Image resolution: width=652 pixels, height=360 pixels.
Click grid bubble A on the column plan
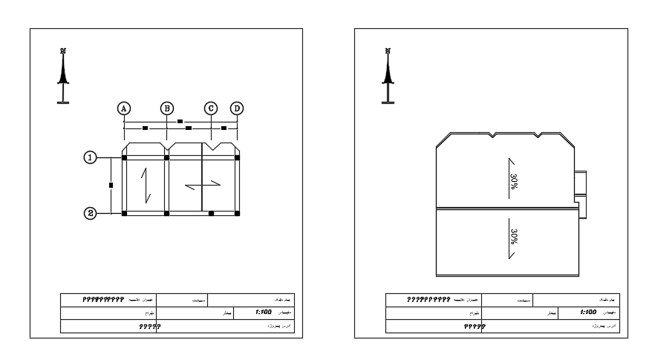[124, 108]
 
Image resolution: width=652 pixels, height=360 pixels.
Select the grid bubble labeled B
[167, 108]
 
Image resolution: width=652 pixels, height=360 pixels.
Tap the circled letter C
[211, 108]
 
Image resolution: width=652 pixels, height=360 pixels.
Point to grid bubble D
[237, 108]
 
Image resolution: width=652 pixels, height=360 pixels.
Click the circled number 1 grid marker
[90, 157]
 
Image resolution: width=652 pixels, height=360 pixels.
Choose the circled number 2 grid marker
[90, 213]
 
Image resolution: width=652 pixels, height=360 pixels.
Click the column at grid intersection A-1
[124, 157]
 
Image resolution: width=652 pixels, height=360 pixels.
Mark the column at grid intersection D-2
[237, 213]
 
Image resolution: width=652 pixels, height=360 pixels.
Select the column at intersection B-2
[167, 213]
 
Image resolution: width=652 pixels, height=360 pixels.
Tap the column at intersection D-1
[237, 157]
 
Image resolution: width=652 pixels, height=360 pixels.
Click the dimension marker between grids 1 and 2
[110, 185]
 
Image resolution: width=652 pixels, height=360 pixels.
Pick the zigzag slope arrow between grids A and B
[147, 185]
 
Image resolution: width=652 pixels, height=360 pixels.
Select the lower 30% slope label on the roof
[513, 237]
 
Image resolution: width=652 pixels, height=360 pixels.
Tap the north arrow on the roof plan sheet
[387, 74]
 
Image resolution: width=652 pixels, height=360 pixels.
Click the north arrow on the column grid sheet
[64, 74]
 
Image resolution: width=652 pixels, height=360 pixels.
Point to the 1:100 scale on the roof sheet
[588, 314]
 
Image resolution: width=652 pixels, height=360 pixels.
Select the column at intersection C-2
[212, 213]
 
